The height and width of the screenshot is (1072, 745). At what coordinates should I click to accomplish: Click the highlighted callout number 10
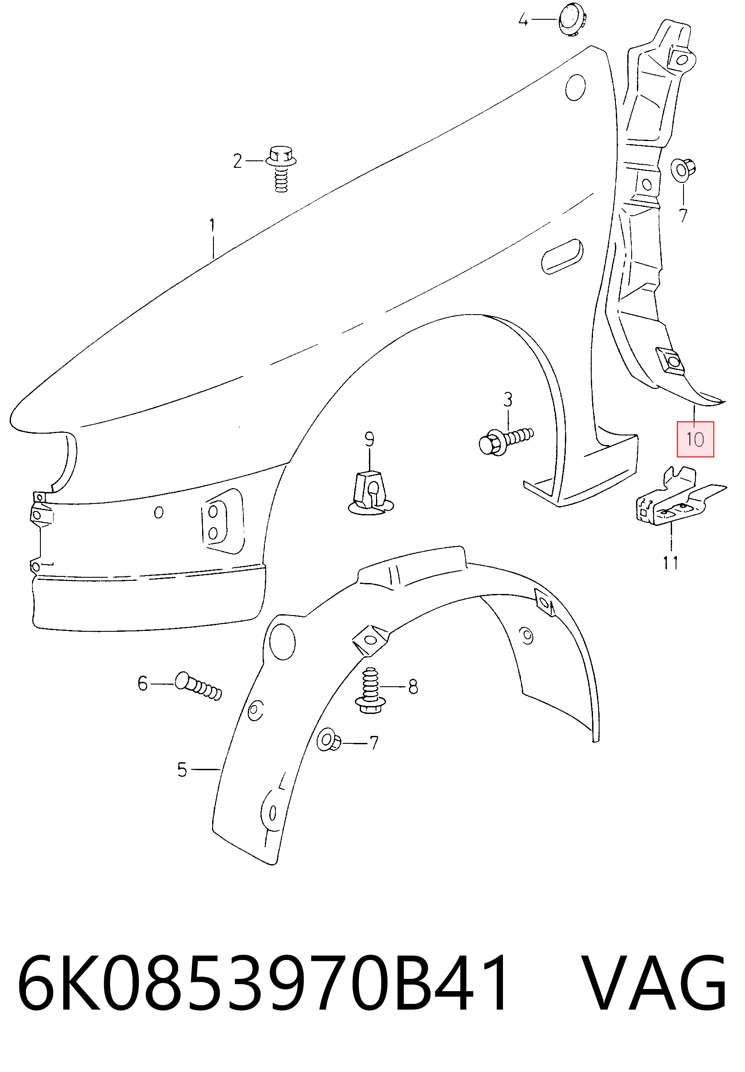click(695, 439)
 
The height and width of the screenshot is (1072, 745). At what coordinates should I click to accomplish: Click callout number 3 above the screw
click(507, 400)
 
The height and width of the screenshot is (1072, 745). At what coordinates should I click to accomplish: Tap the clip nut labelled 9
click(371, 495)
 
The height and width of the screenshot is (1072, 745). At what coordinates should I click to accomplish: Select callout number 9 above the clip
click(369, 439)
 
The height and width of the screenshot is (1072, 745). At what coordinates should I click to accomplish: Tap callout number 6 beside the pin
click(143, 684)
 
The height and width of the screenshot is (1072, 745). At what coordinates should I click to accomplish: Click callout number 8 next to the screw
click(412, 687)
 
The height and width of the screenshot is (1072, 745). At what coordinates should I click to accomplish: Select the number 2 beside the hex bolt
click(238, 162)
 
